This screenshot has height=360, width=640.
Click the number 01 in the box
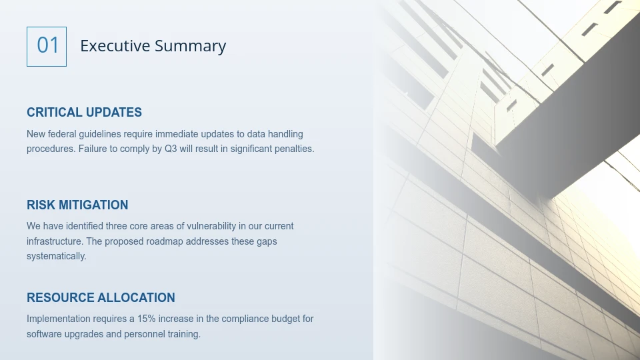click(47, 46)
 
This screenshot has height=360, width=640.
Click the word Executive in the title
click(115, 46)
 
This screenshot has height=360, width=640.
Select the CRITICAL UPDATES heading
click(84, 113)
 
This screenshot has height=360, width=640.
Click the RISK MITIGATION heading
click(77, 205)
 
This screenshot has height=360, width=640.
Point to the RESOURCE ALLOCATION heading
click(101, 297)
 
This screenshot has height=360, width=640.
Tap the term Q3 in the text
click(171, 149)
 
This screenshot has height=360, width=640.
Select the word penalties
click(292, 149)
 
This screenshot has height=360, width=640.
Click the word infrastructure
click(55, 241)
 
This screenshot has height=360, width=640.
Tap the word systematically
click(56, 256)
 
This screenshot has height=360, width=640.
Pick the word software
click(45, 334)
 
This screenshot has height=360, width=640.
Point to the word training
click(183, 334)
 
